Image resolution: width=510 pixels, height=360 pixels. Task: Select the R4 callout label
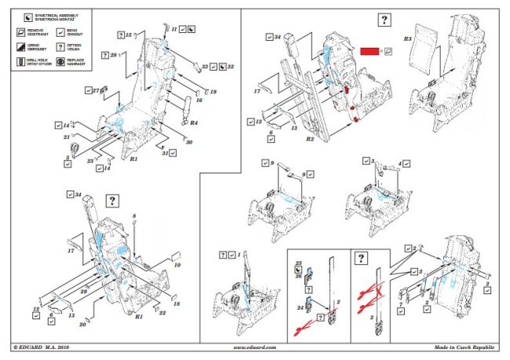[194, 122]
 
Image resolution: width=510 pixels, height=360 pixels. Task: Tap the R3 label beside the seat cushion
[407, 38]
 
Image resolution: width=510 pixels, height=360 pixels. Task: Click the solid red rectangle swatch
[370, 50]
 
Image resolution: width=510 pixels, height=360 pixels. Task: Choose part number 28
[115, 55]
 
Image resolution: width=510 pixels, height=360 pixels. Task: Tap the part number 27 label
[96, 92]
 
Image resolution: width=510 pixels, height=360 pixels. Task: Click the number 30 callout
[189, 142]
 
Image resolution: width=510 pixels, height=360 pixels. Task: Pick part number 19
[212, 92]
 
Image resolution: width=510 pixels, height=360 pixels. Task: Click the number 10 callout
[179, 265]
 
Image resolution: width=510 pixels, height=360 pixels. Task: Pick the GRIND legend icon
[20, 46]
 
